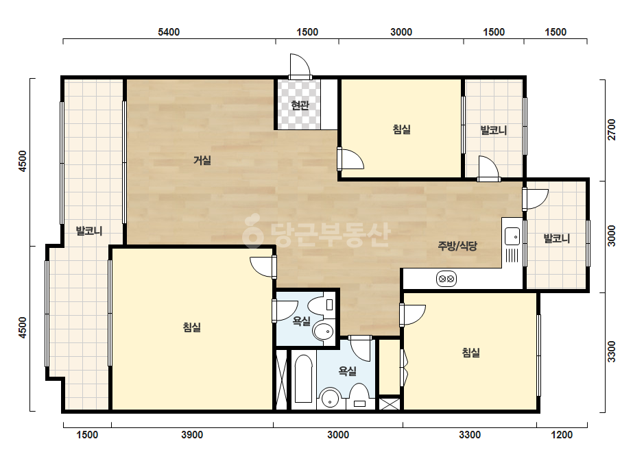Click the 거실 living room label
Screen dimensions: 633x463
202,160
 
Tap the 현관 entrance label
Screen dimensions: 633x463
300,105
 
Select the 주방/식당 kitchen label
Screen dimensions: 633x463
457,246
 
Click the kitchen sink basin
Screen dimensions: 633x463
512,236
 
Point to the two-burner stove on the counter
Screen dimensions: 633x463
446,279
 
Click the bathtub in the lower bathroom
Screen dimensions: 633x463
303,379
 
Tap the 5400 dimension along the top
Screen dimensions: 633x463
169,32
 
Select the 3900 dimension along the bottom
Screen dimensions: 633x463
192,435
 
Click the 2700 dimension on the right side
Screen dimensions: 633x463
612,130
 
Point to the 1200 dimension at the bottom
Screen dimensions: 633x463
562,435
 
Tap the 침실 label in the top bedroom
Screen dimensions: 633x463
402,129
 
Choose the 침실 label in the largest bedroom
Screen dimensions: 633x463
192,327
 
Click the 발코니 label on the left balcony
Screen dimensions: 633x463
89,231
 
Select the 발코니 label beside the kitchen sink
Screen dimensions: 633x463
557,238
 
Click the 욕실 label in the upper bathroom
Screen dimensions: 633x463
302,321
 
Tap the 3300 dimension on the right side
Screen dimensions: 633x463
612,351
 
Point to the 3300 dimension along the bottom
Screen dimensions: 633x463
470,435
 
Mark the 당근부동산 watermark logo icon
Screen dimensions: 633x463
253,230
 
